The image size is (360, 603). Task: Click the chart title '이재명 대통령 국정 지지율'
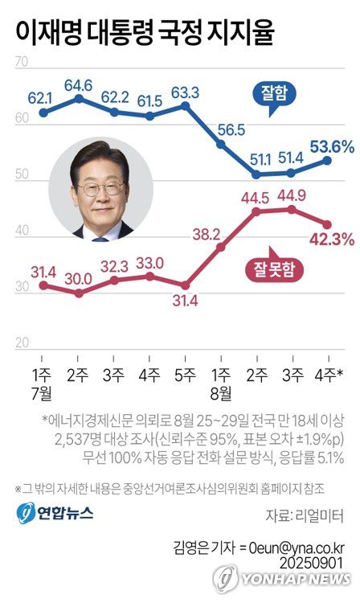coord(145,32)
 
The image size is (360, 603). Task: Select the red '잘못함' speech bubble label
coord(276,271)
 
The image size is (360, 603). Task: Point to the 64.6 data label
coord(78,84)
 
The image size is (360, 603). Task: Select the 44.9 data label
coord(292,194)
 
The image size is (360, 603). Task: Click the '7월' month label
coord(43,393)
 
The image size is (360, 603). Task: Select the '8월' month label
coord(221,393)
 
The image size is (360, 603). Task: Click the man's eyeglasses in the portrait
coord(101,187)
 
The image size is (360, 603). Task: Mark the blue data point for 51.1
coord(256,174)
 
